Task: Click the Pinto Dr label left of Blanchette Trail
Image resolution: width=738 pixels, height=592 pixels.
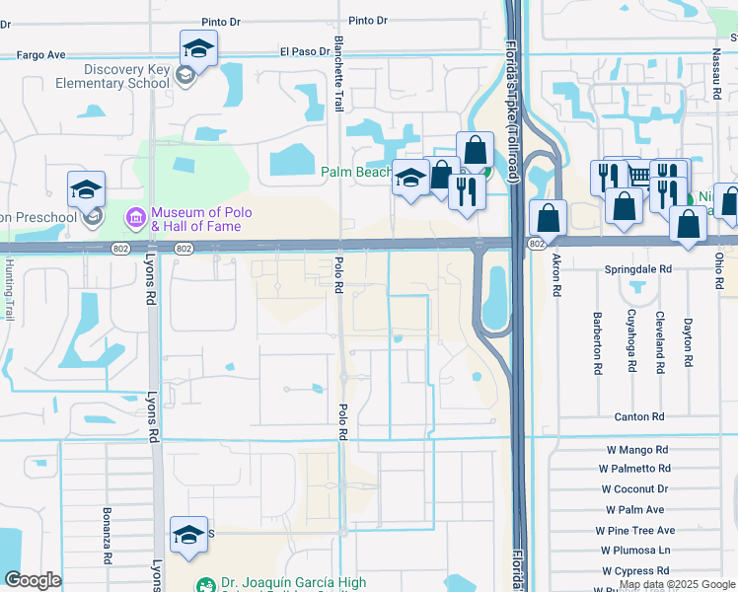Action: click(221, 21)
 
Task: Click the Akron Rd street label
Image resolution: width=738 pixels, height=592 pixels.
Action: click(557, 273)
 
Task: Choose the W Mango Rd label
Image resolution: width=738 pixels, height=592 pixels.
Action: click(637, 450)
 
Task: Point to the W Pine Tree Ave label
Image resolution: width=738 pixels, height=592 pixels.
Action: click(634, 530)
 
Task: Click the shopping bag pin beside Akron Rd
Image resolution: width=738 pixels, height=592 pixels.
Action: click(547, 218)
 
